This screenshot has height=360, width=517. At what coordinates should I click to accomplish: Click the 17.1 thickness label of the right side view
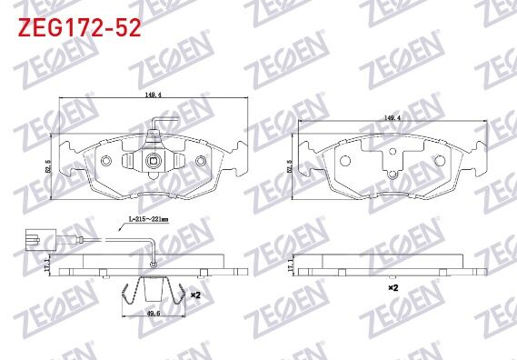click(x=290, y=265)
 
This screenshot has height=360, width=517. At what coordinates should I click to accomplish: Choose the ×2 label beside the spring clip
click(x=194, y=295)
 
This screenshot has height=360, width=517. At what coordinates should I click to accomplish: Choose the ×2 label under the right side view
click(x=393, y=286)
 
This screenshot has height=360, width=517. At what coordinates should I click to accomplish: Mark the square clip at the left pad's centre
click(x=153, y=164)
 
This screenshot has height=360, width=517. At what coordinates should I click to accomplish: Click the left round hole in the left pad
click(x=106, y=161)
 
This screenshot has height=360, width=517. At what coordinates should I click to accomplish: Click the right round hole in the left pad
click(x=199, y=161)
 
